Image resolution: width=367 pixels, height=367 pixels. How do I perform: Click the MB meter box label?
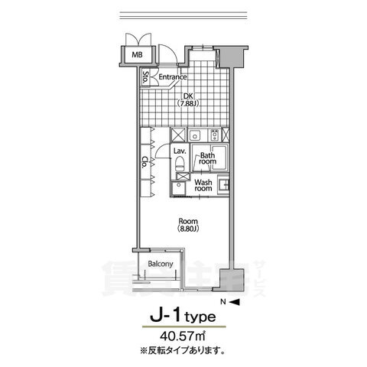pos(137,54)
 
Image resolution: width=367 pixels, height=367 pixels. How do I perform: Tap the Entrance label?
pos(173,77)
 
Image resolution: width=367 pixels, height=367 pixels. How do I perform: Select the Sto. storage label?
pos(146,78)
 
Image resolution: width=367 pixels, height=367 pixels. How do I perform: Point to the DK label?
pos(188,96)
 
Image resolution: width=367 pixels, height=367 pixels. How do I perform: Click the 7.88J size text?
pos(188,103)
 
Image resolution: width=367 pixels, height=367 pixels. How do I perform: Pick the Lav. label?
pos(180,151)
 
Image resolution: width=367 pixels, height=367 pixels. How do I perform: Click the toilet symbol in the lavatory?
pos(180,164)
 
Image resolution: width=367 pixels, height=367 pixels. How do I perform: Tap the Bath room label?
pos(207,158)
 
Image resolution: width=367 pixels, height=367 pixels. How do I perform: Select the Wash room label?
pos(203,186)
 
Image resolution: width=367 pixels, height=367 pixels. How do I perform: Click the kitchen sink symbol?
pos(195,135)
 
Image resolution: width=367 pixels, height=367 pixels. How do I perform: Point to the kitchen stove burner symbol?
pos(215,135)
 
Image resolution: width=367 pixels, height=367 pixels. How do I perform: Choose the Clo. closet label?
pos(144,162)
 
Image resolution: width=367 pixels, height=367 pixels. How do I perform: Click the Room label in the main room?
pos(188,221)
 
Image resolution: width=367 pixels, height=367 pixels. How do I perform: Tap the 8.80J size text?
pos(188,229)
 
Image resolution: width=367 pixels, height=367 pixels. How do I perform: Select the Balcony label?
pos(161,264)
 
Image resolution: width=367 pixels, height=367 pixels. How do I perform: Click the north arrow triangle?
pos(235,302)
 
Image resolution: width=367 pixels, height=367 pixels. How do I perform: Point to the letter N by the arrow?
pos(223,302)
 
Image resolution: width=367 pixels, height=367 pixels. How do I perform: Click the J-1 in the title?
pos(167,317)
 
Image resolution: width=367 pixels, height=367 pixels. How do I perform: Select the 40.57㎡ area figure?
pos(183,336)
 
